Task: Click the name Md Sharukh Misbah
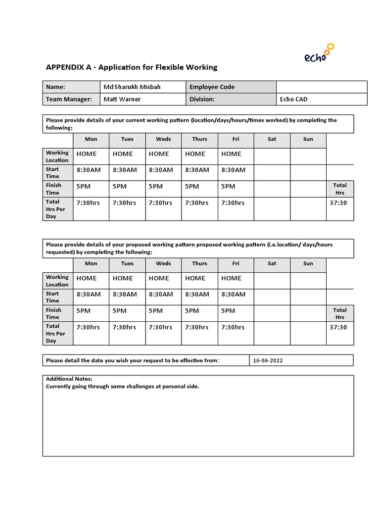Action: coord(132,87)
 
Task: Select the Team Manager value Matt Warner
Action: coord(122,99)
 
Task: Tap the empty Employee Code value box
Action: coord(321,87)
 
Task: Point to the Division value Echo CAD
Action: coord(293,99)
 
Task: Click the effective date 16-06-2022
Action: coord(268,360)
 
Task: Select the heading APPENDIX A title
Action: coord(131,67)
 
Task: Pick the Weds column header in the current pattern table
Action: coord(163,139)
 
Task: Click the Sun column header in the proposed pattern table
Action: coord(308,263)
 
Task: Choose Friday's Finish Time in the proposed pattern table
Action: coord(228,310)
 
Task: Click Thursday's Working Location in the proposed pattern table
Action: coord(195,278)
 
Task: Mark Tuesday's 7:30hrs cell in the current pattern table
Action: coord(124,203)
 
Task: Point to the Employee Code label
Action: coord(212,87)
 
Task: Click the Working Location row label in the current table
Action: coord(57,156)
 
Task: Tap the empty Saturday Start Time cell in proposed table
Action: coord(272,297)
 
